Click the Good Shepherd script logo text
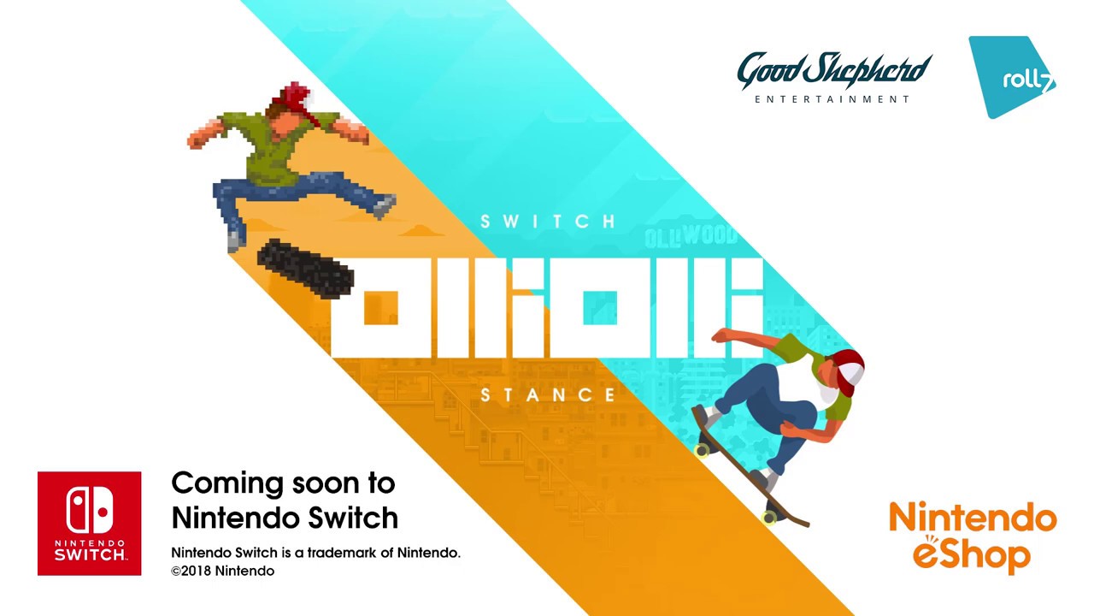(x=833, y=71)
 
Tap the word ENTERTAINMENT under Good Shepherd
(x=832, y=99)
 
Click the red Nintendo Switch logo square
(x=89, y=523)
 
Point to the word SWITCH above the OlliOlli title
(x=548, y=222)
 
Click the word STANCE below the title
(x=548, y=394)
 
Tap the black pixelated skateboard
(x=305, y=268)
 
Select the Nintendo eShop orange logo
(x=973, y=536)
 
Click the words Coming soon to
(x=283, y=483)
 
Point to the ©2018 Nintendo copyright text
(x=222, y=571)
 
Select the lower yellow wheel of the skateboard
(x=769, y=517)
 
